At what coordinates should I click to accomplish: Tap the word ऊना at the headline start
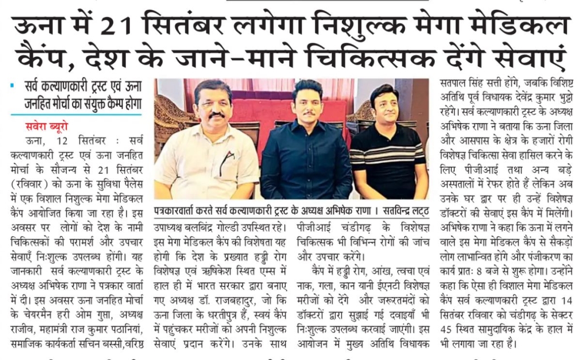point(38,27)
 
